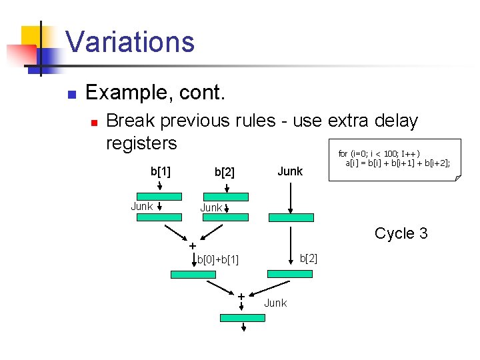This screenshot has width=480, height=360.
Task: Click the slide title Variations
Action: pos(130,41)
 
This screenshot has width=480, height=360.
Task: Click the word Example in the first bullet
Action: pos(123,93)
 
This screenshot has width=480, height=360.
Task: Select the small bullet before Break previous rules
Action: pos(94,123)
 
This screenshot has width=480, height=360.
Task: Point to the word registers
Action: pos(141,143)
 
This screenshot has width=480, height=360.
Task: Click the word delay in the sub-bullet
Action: pos(394,121)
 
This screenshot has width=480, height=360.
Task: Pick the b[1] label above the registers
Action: pos(160,171)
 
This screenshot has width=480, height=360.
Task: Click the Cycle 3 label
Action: pos(401,233)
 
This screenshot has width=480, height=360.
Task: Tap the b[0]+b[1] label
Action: pos(218,259)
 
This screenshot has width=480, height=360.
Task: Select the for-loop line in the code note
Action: pos(379,153)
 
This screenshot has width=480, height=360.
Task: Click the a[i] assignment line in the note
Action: pos(397,162)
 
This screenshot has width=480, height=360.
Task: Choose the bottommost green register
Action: pos(243,318)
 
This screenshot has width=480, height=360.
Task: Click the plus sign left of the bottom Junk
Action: pos(241,296)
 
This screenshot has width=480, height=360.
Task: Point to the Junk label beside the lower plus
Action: pos(275,303)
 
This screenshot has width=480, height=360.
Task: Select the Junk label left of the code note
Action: pos(289,171)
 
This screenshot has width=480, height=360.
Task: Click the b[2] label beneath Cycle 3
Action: pos(309,258)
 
